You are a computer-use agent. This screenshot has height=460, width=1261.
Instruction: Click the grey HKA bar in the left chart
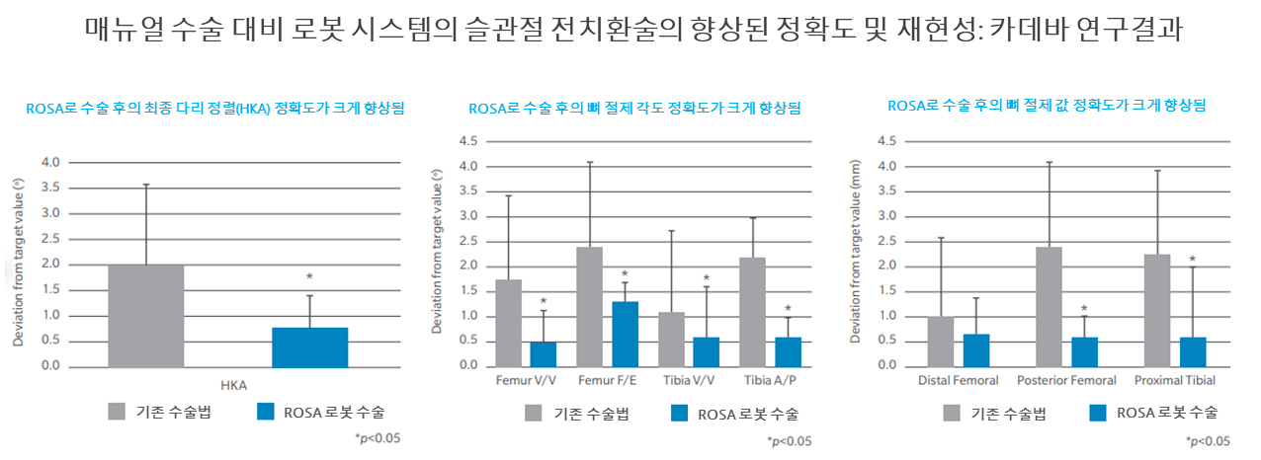click(145, 315)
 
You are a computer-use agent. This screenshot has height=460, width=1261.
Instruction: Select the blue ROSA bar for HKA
click(309, 346)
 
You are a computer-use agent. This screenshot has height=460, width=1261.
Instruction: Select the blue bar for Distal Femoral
click(976, 349)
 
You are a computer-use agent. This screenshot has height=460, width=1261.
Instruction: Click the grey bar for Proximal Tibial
click(1157, 310)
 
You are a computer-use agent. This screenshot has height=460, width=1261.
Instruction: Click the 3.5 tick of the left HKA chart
click(49, 188)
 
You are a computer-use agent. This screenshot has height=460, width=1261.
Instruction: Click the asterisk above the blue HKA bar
click(309, 277)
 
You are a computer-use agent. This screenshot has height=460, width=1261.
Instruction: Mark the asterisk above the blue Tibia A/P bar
click(788, 309)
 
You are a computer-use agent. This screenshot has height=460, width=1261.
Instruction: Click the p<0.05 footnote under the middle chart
click(790, 440)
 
